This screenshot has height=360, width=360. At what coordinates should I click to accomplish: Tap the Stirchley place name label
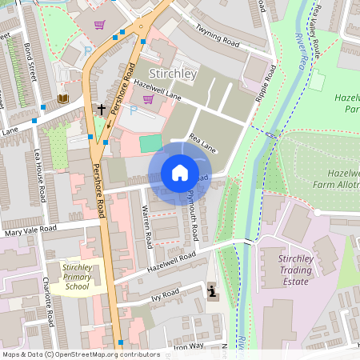[174, 74]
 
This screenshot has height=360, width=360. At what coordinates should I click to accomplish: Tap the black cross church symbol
[101, 108]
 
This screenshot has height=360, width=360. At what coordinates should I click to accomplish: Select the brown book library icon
[63, 98]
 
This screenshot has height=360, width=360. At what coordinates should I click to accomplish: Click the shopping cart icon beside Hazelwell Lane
[147, 99]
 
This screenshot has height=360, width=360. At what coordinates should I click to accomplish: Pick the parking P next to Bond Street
[88, 50]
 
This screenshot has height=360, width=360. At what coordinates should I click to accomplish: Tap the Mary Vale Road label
[30, 230]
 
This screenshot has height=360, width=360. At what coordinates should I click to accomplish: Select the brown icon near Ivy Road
[211, 291]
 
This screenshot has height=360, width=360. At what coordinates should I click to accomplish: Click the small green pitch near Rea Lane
[150, 143]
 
